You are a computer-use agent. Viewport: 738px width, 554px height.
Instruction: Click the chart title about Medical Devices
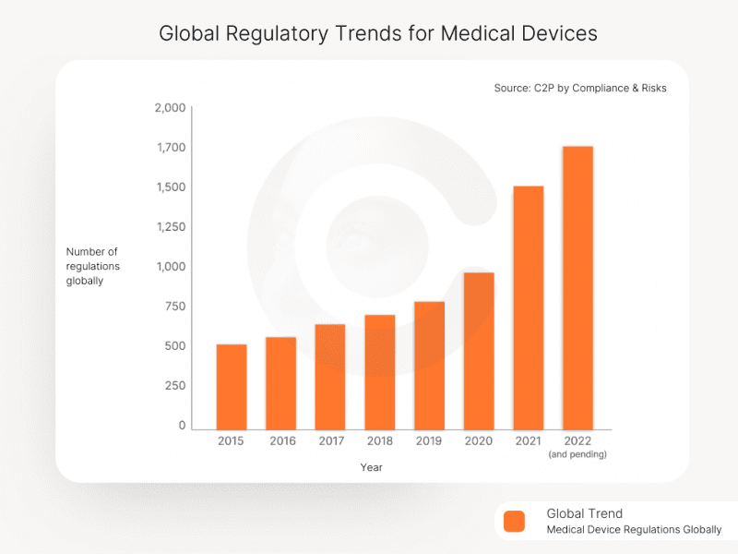[x=378, y=33]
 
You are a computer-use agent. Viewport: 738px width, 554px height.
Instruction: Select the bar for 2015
[x=232, y=385]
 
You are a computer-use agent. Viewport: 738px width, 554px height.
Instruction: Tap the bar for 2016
[x=281, y=381]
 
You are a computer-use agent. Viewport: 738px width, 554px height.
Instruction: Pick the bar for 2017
[x=330, y=375]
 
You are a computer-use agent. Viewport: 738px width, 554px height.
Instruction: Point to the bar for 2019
[x=429, y=364]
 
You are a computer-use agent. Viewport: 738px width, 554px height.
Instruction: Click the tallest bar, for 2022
[x=577, y=286]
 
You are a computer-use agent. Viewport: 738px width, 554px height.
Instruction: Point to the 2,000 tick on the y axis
[x=169, y=108]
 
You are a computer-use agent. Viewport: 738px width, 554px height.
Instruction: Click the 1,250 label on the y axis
[x=169, y=227]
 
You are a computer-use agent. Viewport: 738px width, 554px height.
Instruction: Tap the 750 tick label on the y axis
[x=174, y=307]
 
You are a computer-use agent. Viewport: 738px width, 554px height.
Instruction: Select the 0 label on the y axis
[x=182, y=426]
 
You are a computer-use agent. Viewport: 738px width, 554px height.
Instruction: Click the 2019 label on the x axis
[x=429, y=441]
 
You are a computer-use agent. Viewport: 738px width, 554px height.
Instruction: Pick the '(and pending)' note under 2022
[x=577, y=454]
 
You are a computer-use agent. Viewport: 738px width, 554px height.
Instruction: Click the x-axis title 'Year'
[x=372, y=467]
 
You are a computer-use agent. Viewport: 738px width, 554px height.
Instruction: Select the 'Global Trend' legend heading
[x=584, y=513]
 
